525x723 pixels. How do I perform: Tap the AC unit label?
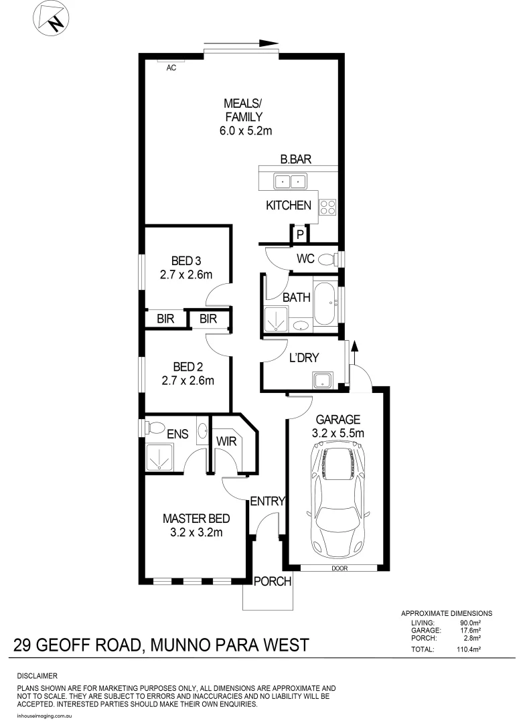pos(171,68)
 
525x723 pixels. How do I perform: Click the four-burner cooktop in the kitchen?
pos(327,208)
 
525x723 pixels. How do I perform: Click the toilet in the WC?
pos(327,259)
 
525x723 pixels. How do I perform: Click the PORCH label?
pos(273,582)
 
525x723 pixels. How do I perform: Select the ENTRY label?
pos(268,501)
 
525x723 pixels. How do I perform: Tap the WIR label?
pos(226,442)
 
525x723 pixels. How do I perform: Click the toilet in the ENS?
pos(153,426)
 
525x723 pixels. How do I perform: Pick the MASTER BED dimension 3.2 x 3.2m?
pos(197,533)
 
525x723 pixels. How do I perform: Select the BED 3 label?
pos(187,260)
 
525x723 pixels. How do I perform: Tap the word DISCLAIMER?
pos(37,676)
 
